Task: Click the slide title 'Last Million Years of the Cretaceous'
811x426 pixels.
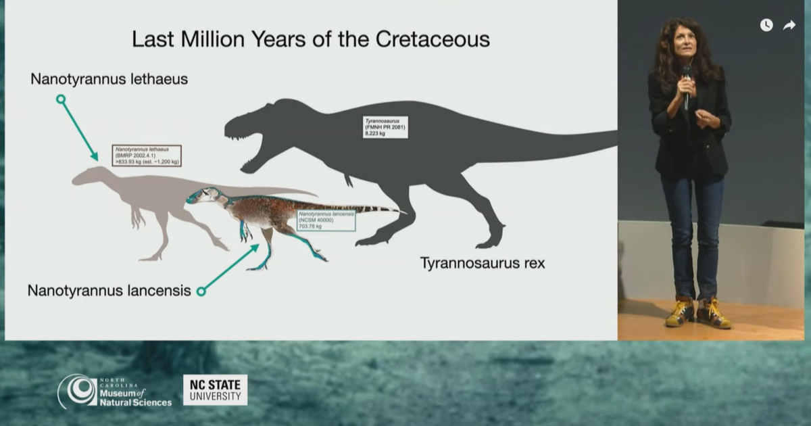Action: tap(310, 39)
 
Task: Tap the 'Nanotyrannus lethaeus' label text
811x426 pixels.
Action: tap(109, 80)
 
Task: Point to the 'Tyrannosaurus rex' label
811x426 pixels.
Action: tap(482, 262)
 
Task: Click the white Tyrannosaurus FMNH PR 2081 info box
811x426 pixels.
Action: tap(385, 126)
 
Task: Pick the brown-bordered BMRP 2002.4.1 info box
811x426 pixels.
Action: tap(149, 155)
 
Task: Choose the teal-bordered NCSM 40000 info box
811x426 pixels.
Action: tap(326, 220)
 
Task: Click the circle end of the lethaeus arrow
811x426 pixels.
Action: tap(61, 99)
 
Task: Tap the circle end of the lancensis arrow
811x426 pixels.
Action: tap(200, 291)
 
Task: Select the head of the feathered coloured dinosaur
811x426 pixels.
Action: tap(203, 197)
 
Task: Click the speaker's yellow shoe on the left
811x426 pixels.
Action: tap(679, 314)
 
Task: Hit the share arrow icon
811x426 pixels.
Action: tap(789, 25)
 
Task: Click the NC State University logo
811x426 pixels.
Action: tap(215, 390)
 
